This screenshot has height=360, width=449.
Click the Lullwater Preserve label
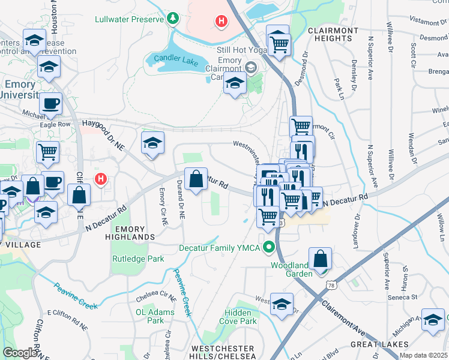point(129,19)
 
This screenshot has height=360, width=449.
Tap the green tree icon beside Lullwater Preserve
point(173,19)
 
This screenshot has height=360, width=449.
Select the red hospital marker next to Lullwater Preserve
point(221,22)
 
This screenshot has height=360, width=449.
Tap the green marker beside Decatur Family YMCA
point(270,247)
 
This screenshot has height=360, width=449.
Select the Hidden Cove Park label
point(241,317)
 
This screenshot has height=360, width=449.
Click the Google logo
point(20,352)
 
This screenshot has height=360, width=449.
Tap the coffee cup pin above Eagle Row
point(51,103)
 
